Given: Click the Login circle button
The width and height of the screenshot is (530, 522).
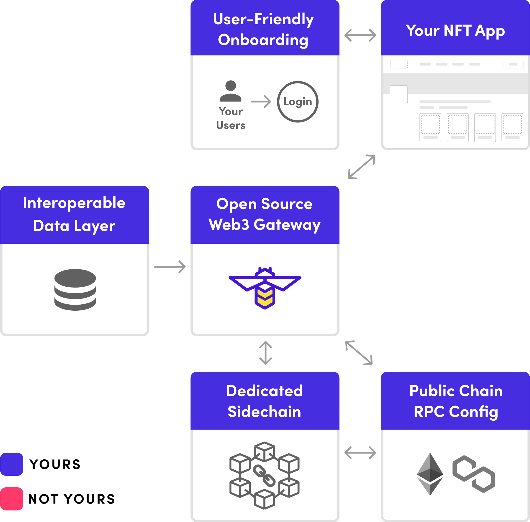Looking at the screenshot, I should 297,102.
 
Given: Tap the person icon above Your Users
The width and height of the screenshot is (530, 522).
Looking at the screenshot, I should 231,91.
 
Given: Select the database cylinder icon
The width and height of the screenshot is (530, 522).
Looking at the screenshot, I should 75,290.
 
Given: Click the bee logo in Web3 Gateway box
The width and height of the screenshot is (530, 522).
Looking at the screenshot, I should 265,288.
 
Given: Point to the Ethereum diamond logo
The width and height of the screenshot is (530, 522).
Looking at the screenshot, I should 430,473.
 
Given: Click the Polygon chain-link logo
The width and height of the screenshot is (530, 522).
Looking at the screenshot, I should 473,473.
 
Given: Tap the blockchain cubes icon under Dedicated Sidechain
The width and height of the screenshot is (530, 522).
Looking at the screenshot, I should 264,475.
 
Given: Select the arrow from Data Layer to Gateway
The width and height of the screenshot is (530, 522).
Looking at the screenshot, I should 170,267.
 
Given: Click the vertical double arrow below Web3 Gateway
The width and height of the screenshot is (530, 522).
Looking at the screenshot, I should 265,353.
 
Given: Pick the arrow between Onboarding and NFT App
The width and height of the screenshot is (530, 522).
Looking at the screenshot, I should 360,35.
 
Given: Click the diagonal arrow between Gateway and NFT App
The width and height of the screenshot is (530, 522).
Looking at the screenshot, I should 362,167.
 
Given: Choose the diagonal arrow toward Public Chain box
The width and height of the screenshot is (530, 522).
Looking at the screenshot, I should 359,353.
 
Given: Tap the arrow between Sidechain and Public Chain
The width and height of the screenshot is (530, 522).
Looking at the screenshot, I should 360,452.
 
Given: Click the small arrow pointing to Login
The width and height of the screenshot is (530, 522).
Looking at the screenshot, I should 261,102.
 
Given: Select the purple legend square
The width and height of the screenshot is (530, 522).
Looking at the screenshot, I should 12,464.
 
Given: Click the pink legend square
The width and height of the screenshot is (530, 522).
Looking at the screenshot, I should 12,499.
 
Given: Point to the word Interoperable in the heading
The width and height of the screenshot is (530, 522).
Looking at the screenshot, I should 74,203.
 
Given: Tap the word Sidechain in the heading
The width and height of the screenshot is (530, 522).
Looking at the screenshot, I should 264,411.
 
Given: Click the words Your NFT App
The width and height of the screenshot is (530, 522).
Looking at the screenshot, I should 455,31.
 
